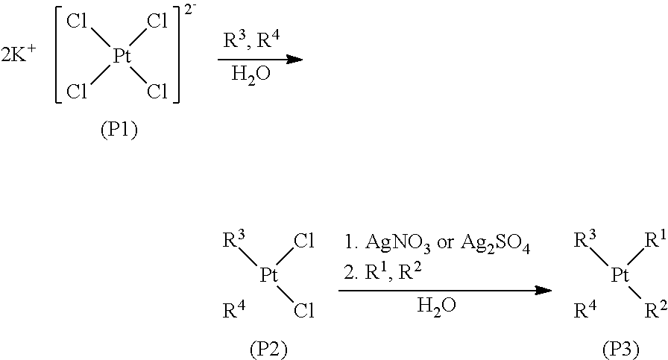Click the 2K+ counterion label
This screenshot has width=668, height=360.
click(21, 57)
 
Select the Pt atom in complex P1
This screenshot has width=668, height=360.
click(122, 57)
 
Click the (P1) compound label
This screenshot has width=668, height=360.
click(119, 130)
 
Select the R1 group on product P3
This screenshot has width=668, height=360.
click(655, 240)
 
